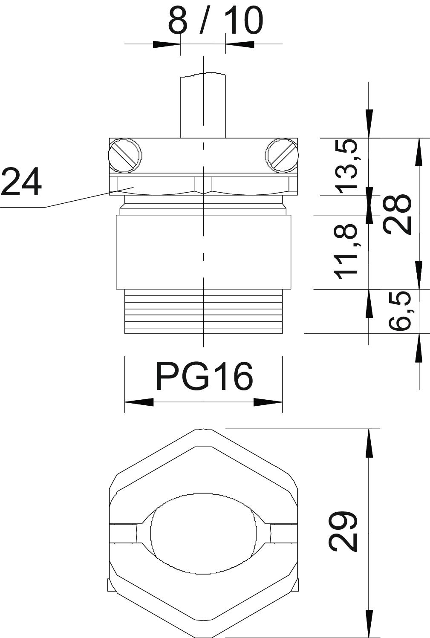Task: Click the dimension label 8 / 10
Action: pos(216,20)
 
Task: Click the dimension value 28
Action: pos(397,214)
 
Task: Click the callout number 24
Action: pos(21,182)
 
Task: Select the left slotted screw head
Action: pos(125,156)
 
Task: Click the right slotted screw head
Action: pos(282,156)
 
